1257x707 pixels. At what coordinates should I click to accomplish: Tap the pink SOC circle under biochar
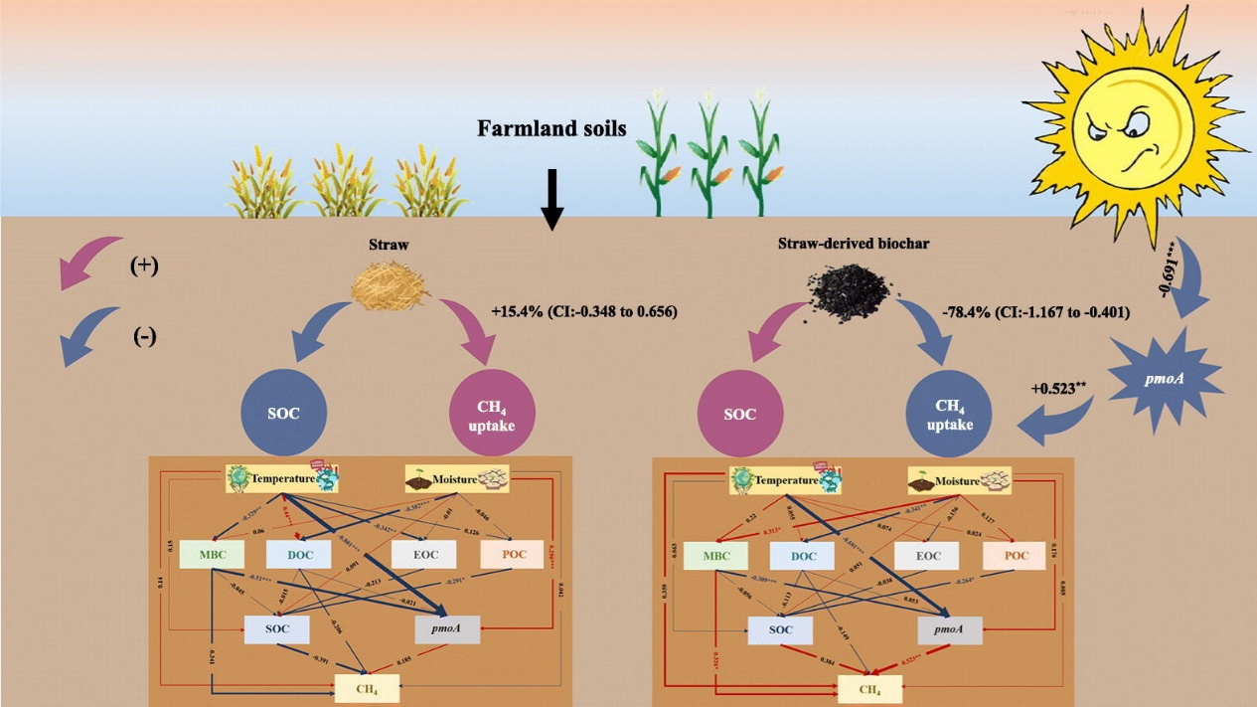pyautogui.click(x=739, y=414)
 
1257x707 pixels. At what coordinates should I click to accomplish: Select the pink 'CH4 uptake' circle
pyautogui.click(x=493, y=414)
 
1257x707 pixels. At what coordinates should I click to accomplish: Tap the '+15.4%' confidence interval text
pyautogui.click(x=583, y=311)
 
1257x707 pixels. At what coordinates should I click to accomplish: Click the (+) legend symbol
pyautogui.click(x=144, y=267)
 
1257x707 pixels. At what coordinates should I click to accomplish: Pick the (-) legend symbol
pyautogui.click(x=144, y=337)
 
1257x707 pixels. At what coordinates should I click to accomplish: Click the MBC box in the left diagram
pyautogui.click(x=212, y=555)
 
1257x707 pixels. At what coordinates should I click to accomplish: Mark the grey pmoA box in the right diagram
pyautogui.click(x=949, y=630)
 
